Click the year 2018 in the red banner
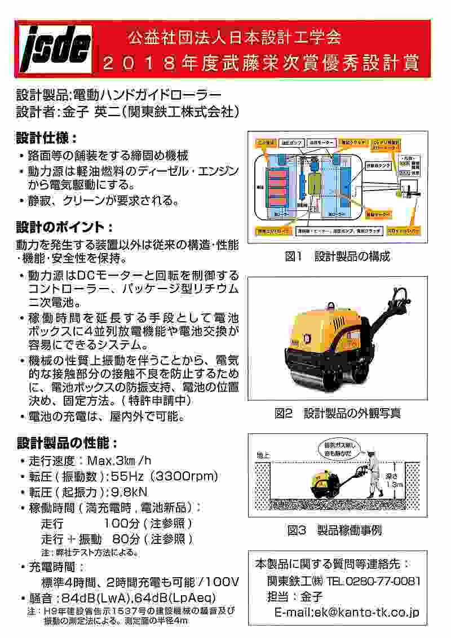coord(139,63)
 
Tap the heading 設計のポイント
coord(64,227)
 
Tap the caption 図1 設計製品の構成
coord(337,256)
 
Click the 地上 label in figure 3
coord(263,455)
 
